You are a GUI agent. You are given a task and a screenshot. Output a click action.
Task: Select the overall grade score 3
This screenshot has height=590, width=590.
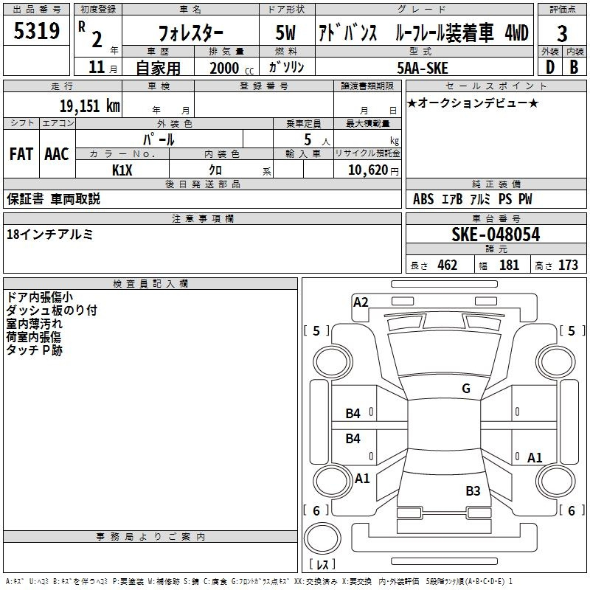(x=562, y=33)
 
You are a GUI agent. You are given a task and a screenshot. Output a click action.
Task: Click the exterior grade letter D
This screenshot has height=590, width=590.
(x=549, y=66)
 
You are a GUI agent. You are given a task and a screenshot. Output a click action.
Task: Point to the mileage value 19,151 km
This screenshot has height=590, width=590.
(x=90, y=105)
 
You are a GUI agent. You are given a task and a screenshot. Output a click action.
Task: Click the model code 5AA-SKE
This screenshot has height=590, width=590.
(x=422, y=67)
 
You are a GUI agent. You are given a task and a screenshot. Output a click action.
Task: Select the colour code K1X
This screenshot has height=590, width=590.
(x=122, y=170)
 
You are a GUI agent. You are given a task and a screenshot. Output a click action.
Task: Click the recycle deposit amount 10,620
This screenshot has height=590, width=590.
(x=367, y=170)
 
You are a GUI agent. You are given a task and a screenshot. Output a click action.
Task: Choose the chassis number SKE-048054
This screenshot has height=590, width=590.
(x=495, y=235)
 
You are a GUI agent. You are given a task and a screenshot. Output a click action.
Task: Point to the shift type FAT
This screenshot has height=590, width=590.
(x=21, y=153)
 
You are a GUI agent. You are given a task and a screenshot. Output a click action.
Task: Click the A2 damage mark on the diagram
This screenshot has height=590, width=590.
(x=361, y=302)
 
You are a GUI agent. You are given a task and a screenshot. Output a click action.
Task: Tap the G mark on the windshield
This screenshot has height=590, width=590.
(x=465, y=389)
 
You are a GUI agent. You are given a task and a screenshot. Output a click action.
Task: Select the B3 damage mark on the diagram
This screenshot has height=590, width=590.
(x=473, y=490)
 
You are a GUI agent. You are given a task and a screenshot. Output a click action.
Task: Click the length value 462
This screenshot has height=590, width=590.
(x=447, y=265)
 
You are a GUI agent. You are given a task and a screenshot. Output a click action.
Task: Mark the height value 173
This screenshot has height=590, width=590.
(x=568, y=265)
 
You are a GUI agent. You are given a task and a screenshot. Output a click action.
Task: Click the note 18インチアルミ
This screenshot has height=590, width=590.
(x=49, y=234)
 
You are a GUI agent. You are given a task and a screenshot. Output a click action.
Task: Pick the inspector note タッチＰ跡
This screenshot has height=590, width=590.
(x=35, y=350)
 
